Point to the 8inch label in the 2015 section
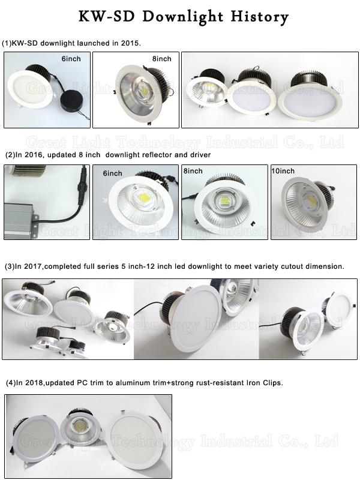click(x=161, y=59)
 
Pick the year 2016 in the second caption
click(x=34, y=155)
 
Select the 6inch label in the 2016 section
click(x=112, y=173)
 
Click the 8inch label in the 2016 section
click(x=193, y=172)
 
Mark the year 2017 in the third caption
click(x=34, y=266)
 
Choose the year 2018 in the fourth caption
click(x=34, y=382)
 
